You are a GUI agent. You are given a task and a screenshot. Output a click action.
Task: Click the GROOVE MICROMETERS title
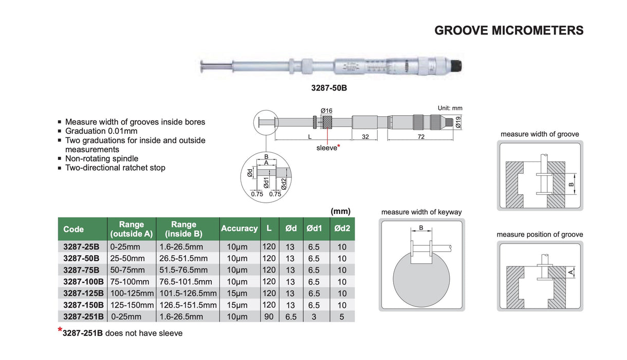(509, 30)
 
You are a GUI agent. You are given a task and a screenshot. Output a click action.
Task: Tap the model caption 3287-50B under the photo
(329, 88)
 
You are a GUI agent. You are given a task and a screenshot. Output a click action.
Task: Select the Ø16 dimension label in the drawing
(326, 111)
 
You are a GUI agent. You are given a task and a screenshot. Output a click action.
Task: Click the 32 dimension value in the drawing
(365, 137)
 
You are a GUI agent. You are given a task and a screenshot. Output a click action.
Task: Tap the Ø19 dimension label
(458, 121)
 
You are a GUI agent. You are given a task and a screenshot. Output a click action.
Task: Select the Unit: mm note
(450, 109)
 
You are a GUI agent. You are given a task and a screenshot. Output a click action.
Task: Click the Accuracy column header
(239, 228)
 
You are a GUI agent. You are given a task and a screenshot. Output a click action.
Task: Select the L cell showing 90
(269, 317)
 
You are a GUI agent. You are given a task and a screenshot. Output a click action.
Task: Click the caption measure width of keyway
(421, 212)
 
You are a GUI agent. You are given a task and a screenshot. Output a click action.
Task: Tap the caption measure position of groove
(540, 235)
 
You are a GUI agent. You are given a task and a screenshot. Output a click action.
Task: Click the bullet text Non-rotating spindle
(102, 158)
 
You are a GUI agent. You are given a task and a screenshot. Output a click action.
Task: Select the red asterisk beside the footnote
(60, 331)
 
